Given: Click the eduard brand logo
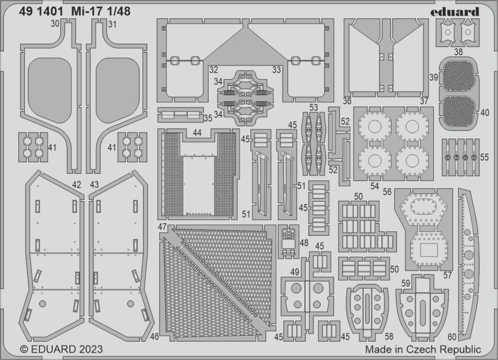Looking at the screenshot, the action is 455,12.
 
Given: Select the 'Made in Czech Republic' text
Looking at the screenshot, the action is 423,349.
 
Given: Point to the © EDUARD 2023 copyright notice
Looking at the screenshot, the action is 61,349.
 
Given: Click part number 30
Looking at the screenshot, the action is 55,24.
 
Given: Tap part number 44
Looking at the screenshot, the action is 197,133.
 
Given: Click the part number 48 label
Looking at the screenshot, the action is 304,243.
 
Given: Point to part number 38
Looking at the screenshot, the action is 458,51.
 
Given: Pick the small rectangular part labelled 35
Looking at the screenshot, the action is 180,115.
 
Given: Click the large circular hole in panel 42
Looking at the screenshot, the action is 42,304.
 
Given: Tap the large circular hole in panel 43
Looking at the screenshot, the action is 130,304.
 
